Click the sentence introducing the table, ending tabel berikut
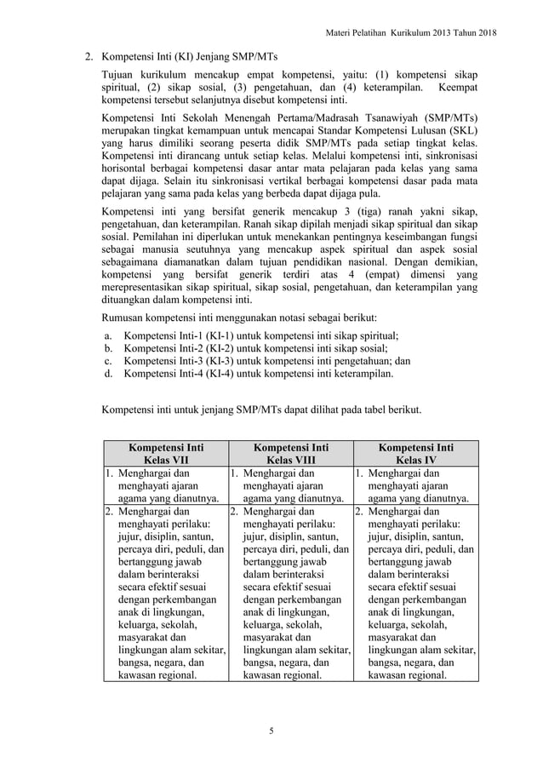(x=261, y=409)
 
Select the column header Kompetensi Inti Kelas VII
(x=165, y=452)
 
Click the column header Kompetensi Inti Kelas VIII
(x=290, y=452)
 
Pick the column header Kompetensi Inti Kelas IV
(x=415, y=452)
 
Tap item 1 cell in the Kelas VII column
(x=165, y=485)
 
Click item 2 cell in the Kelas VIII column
(x=290, y=594)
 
